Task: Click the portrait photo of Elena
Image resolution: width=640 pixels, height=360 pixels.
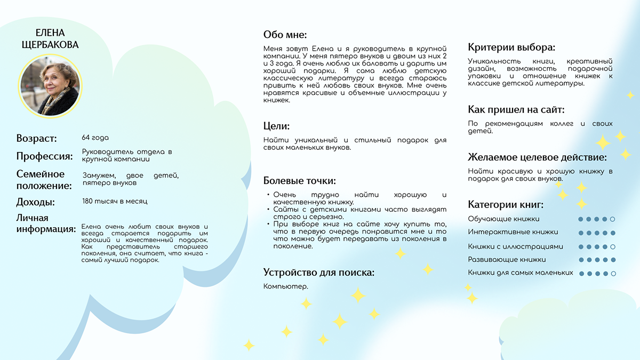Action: tap(50, 87)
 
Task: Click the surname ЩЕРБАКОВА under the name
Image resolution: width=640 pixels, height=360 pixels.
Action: tap(50, 45)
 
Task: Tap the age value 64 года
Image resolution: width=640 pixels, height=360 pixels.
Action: tap(95, 138)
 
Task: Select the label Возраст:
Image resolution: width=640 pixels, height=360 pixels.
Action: tap(36, 139)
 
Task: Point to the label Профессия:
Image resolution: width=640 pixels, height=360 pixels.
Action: tap(44, 156)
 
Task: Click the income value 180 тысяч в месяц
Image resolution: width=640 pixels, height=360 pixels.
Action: tap(115, 201)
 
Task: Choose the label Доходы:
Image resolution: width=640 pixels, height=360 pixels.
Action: tap(36, 202)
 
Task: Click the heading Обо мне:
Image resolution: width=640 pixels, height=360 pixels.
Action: tap(285, 35)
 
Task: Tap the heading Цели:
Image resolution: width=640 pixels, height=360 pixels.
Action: tap(276, 126)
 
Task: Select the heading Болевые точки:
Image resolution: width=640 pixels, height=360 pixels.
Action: tap(300, 181)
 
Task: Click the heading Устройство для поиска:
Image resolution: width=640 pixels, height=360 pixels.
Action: tap(318, 273)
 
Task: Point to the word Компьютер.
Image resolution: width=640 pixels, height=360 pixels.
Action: tap(285, 286)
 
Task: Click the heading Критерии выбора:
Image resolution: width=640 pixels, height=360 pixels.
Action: tap(511, 47)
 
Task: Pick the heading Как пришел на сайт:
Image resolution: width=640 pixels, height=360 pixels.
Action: tap(516, 110)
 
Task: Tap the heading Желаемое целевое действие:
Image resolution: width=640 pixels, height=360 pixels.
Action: tap(537, 157)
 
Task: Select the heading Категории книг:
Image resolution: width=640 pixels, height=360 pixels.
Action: tap(506, 205)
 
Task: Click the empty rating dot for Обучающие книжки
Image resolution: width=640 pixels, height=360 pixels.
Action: tap(613, 219)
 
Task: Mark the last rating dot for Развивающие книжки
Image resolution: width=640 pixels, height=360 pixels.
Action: tap(613, 260)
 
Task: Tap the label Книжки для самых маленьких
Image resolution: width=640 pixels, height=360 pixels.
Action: tap(521, 273)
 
